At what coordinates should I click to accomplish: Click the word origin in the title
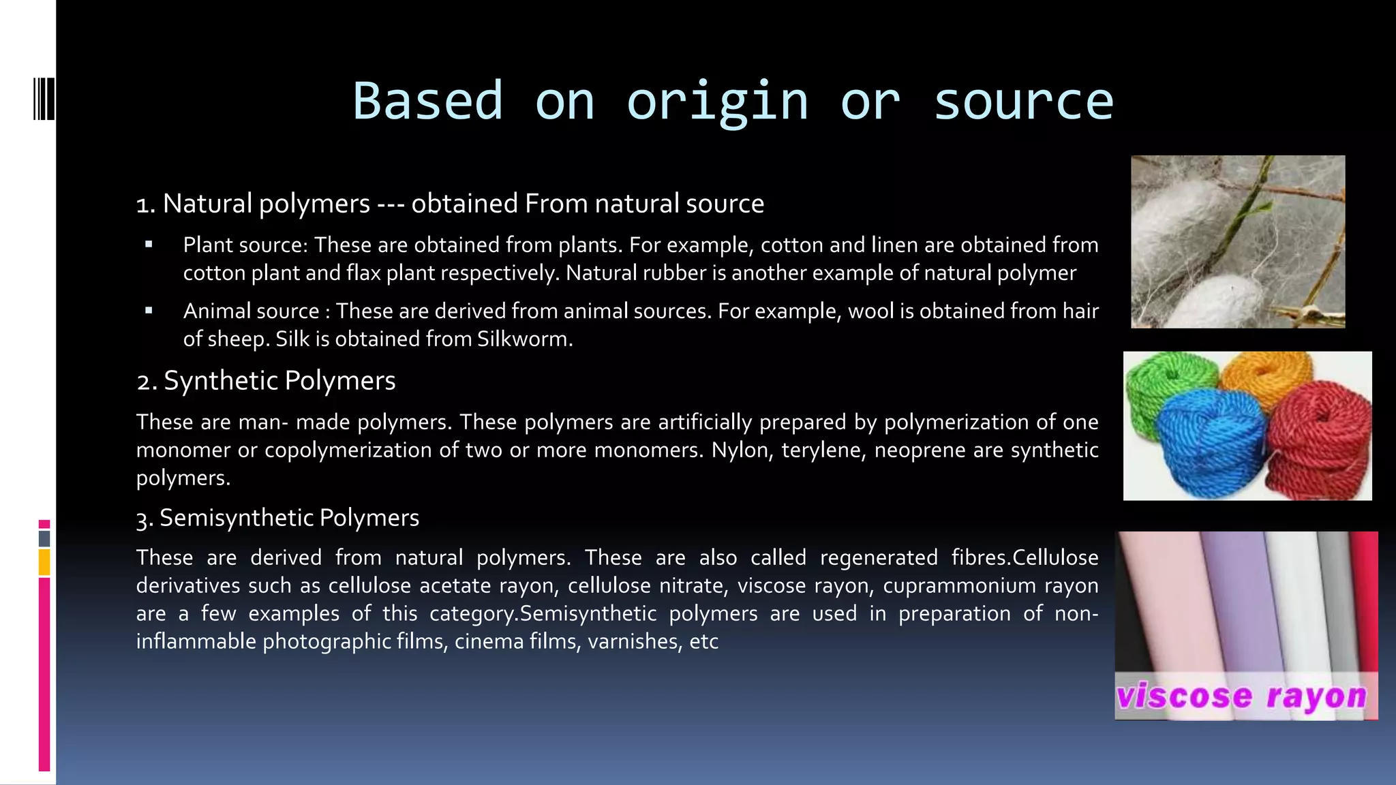pos(717,101)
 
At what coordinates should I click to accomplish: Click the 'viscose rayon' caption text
pos(1242,696)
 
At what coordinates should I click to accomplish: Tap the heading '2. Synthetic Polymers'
pos(266,380)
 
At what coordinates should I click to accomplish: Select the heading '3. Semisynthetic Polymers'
pos(277,518)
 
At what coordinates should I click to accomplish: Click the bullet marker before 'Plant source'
pos(149,245)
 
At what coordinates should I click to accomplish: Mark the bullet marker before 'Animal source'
pos(149,311)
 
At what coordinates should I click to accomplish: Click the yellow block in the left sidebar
pos(44,563)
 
